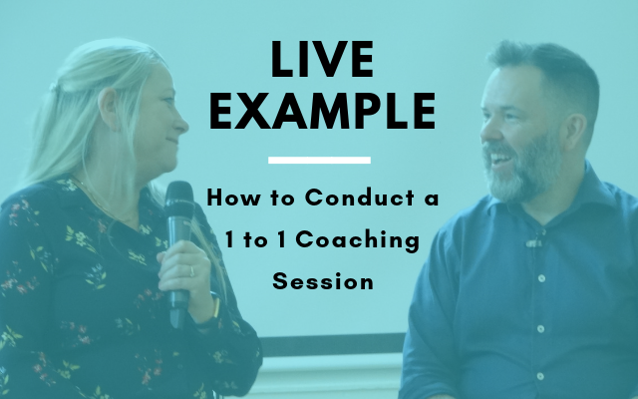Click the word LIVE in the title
[x=322, y=59]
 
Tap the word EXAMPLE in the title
[x=322, y=111]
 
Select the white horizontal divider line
[x=319, y=160]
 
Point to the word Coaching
[x=357, y=239]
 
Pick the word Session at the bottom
[x=323, y=281]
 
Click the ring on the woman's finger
[x=191, y=271]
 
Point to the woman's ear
[x=109, y=109]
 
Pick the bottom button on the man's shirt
[x=540, y=376]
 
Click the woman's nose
[x=181, y=123]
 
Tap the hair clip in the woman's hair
[x=54, y=87]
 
